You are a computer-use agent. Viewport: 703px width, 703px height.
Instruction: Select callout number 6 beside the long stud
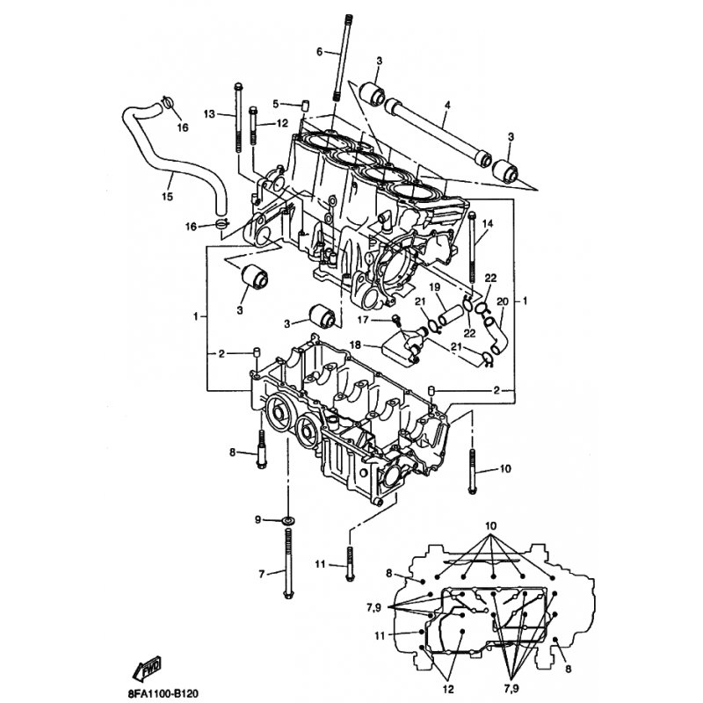[x=319, y=52]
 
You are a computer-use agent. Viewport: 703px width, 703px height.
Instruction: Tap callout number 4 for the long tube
[x=447, y=105]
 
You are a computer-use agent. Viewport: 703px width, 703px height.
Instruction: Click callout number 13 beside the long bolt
[x=209, y=114]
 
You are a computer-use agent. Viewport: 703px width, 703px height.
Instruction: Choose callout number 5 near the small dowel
[x=276, y=104]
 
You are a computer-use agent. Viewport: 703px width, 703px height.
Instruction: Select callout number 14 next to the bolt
[x=488, y=223]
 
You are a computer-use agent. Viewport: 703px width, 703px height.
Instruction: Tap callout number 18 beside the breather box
[x=355, y=344]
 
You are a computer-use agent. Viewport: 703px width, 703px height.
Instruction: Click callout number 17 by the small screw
[x=362, y=320]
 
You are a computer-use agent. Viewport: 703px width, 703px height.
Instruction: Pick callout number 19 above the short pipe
[x=434, y=287]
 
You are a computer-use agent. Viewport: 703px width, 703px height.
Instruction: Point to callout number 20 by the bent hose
[x=503, y=301]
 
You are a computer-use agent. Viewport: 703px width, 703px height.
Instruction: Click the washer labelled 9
[x=287, y=520]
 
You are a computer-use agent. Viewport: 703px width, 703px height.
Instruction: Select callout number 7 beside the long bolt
[x=262, y=574]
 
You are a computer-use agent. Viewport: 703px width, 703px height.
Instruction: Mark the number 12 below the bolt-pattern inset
[x=448, y=689]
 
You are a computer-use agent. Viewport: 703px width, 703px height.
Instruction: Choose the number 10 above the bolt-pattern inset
[x=491, y=525]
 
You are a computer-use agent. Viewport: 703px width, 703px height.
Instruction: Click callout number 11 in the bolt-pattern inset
[x=380, y=635]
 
